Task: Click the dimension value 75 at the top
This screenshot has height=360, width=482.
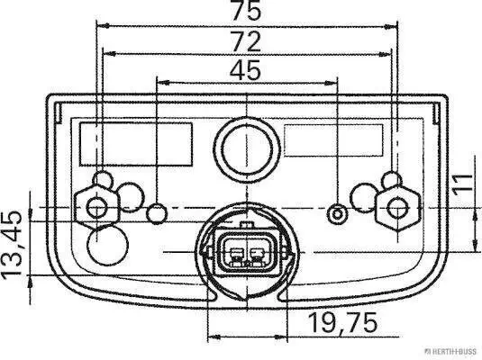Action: (245, 12)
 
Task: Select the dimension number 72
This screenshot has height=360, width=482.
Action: (245, 40)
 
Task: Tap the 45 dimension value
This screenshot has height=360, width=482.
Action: (245, 69)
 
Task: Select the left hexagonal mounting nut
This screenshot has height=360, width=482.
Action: (95, 207)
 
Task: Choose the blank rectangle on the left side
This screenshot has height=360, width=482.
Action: (137, 142)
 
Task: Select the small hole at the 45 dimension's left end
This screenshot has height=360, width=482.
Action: (157, 213)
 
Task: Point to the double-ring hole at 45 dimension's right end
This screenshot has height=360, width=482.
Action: (338, 213)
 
